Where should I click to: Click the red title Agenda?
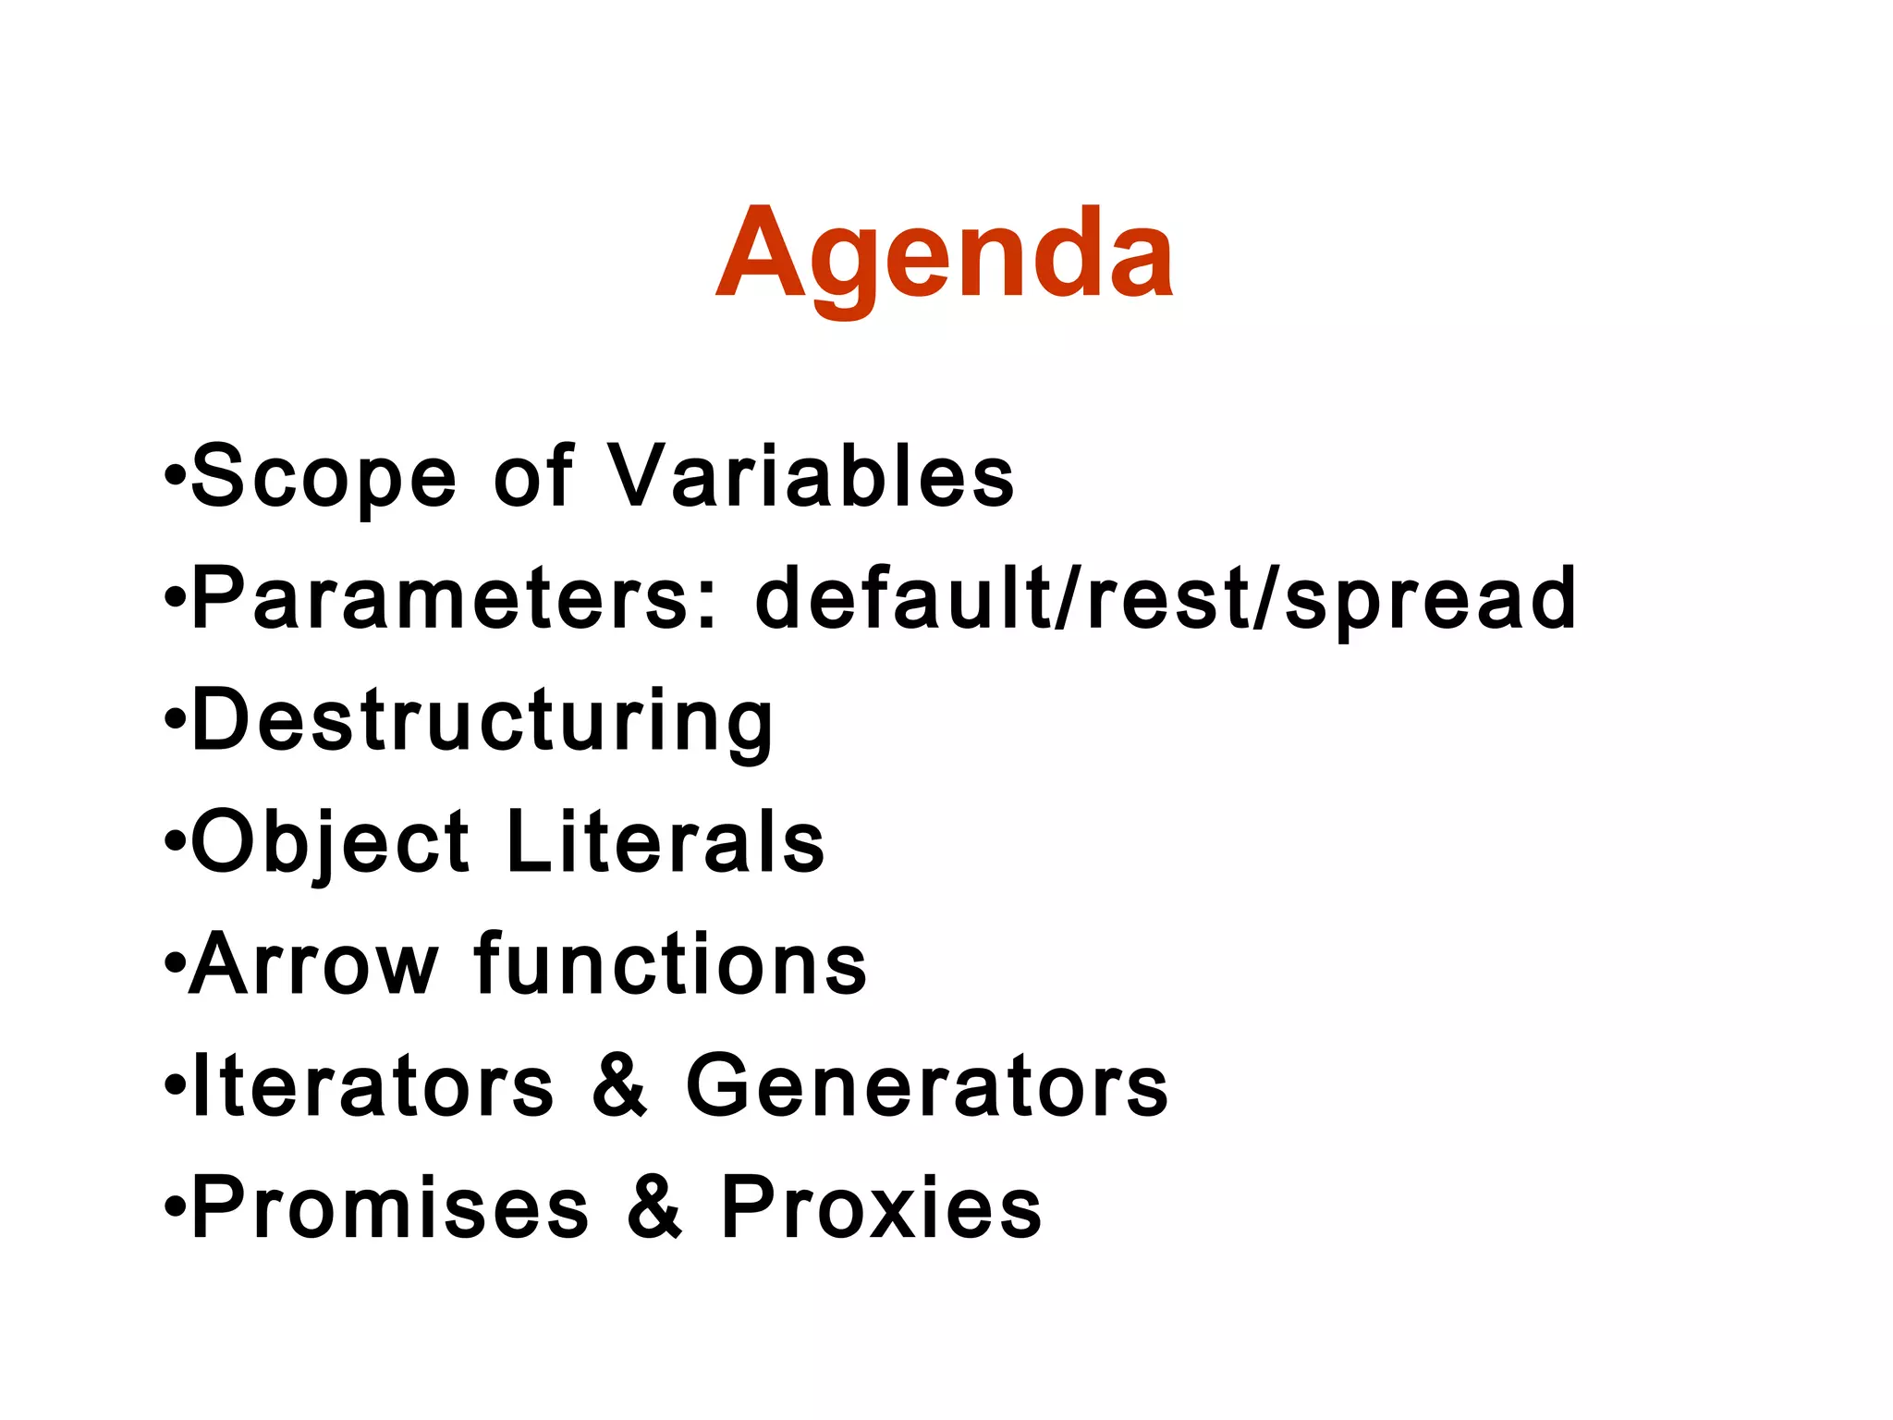(x=945, y=254)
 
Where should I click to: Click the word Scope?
(x=324, y=476)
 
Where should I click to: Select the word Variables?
(x=812, y=476)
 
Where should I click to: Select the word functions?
(x=670, y=964)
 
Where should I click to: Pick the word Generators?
(x=927, y=1086)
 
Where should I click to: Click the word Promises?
(x=389, y=1207)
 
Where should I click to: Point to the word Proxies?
(x=881, y=1207)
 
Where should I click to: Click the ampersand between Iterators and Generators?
(x=619, y=1086)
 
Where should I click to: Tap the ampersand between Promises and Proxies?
(x=654, y=1207)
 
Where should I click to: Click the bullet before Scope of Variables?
(x=175, y=478)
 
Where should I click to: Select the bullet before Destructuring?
(x=175, y=722)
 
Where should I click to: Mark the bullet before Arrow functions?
(x=175, y=966)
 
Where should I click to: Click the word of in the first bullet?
(x=533, y=476)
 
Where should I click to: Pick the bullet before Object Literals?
(x=175, y=844)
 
